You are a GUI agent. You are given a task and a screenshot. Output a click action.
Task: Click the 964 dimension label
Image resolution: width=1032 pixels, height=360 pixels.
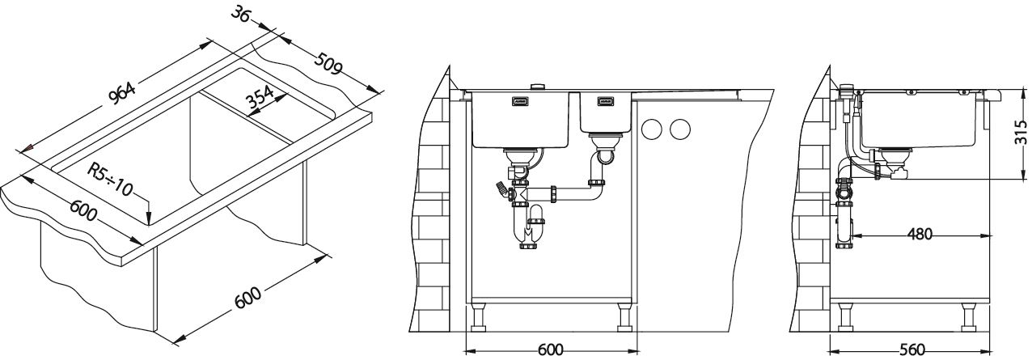(121, 95)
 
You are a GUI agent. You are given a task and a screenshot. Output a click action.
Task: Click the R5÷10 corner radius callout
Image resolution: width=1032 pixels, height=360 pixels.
(111, 180)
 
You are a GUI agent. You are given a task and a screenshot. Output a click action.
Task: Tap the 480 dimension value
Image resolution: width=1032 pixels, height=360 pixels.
(919, 235)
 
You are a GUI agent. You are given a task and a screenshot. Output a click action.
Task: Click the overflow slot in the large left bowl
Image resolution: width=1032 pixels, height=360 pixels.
(519, 103)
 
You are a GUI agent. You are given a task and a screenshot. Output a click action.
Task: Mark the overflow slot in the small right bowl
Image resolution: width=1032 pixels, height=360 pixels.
(605, 102)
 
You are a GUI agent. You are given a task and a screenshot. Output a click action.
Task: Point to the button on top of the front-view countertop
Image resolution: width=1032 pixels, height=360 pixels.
(536, 86)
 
